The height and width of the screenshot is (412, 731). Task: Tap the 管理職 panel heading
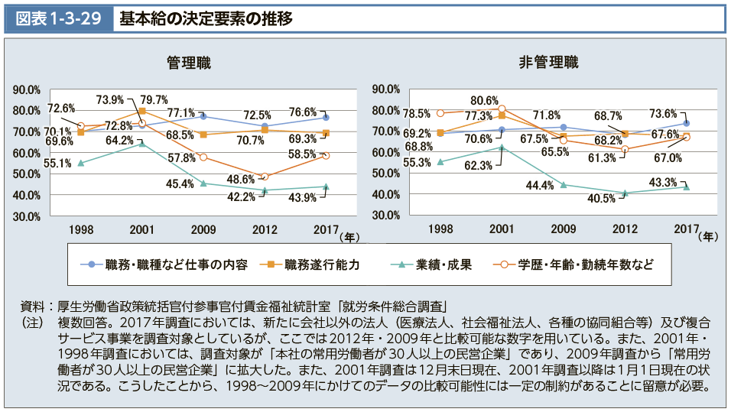[x=190, y=63]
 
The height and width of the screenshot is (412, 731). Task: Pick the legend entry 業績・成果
[x=443, y=264]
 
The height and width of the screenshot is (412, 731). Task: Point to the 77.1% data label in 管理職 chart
[x=181, y=112]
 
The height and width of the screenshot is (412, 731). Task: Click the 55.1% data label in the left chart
[x=37, y=163]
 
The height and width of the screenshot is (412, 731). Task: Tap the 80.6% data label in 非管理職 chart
[x=485, y=100]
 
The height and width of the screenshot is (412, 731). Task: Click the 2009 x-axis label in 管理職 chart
[x=203, y=229]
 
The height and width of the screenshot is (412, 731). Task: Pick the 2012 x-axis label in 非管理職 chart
[x=625, y=229]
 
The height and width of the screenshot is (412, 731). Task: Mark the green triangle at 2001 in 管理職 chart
[x=142, y=144]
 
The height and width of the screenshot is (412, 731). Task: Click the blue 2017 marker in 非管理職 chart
[x=686, y=123]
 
